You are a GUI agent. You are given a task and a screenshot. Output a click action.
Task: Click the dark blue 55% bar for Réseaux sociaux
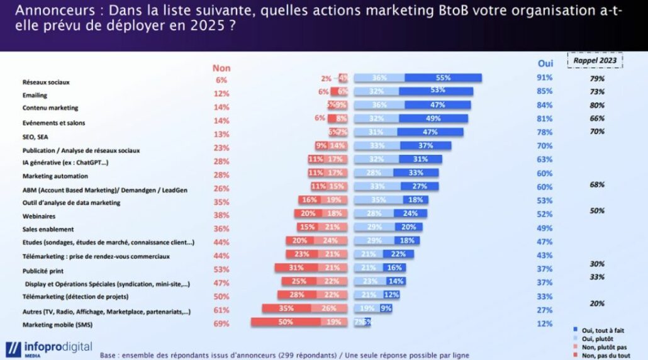[443, 78]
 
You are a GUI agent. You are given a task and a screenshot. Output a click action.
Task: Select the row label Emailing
[35, 95]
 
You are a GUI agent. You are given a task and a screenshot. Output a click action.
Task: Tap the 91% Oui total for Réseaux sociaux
[545, 78]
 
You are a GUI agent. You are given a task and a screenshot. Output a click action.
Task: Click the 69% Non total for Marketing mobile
[221, 323]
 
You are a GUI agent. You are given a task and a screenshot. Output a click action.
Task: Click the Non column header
[221, 68]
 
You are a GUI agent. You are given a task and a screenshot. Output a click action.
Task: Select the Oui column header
[545, 64]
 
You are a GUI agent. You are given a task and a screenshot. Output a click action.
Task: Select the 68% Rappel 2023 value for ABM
[597, 184]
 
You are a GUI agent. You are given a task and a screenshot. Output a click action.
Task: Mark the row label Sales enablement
[48, 229]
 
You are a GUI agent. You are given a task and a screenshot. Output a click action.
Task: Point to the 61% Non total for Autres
[221, 310]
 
